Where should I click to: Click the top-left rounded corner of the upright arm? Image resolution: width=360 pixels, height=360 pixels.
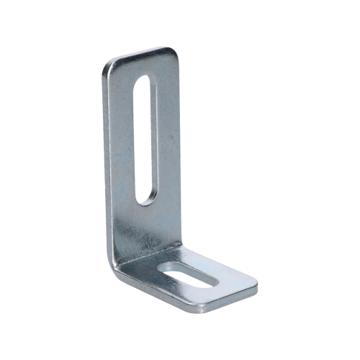109,65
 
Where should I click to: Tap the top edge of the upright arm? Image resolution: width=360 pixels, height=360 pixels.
140,56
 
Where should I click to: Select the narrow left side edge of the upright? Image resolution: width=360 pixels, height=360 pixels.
105,158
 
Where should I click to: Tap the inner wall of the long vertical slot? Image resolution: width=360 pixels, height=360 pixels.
138,137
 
